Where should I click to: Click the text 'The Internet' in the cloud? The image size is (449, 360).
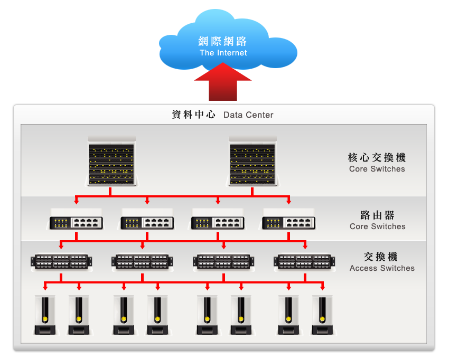click(223, 53)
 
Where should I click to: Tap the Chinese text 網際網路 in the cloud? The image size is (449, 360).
click(223, 42)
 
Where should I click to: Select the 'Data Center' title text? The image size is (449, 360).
click(248, 115)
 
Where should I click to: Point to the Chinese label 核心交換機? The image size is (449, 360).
click(377, 157)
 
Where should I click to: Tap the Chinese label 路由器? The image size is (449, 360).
click(378, 215)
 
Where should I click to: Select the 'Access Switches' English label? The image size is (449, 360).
click(382, 268)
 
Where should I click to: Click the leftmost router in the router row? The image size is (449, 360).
click(77, 223)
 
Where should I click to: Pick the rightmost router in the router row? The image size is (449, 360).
click(289, 223)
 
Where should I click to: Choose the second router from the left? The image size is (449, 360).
click(147, 223)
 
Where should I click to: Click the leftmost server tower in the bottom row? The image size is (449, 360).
click(45, 315)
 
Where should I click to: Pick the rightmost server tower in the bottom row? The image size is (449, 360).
click(322, 315)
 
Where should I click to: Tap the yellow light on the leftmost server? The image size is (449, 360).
click(45, 319)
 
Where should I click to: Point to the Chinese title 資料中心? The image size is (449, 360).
click(194, 115)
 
